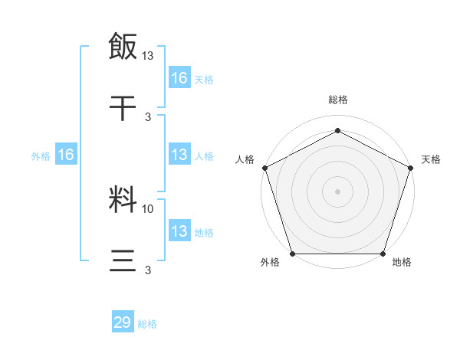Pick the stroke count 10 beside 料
tap(149, 208)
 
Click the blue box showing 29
tap(123, 322)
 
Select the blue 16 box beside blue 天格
tap(179, 77)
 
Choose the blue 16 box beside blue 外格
tap(66, 155)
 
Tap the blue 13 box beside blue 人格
tap(179, 155)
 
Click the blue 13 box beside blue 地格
tap(179, 231)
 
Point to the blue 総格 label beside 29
tap(147, 324)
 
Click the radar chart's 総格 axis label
tap(337, 100)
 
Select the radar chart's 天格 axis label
tap(431, 159)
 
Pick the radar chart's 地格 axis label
tap(402, 263)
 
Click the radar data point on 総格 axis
tap(337, 130)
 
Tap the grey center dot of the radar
tap(337, 191)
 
